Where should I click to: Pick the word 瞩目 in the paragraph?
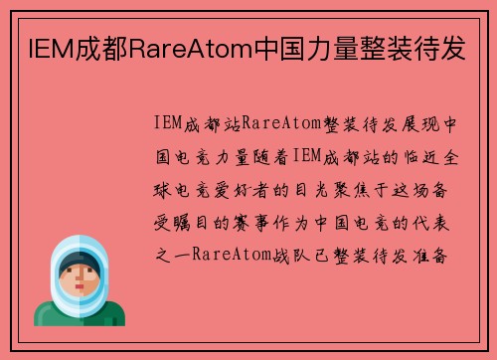coord(191,222)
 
